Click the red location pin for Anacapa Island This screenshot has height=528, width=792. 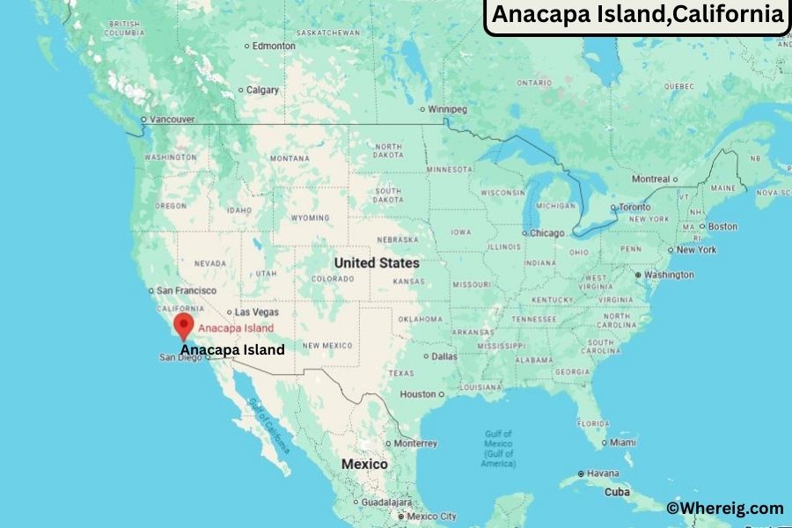click(x=184, y=326)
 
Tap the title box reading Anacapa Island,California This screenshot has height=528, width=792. click(x=637, y=15)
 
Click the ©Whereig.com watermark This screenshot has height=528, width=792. click(x=724, y=508)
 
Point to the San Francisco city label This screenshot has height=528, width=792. click(x=186, y=290)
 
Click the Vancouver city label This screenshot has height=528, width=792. click(x=172, y=119)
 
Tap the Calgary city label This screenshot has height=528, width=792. click(x=262, y=90)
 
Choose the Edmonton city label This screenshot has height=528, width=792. click(x=274, y=45)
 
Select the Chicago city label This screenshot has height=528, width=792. click(x=546, y=233)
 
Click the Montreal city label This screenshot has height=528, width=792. click(x=650, y=179)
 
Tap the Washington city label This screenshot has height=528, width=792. click(x=668, y=275)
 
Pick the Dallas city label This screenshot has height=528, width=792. click(x=444, y=356)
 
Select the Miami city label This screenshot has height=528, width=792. click(x=622, y=441)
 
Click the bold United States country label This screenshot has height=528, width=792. click(x=377, y=263)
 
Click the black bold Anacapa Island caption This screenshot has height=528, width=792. click(x=232, y=349)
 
